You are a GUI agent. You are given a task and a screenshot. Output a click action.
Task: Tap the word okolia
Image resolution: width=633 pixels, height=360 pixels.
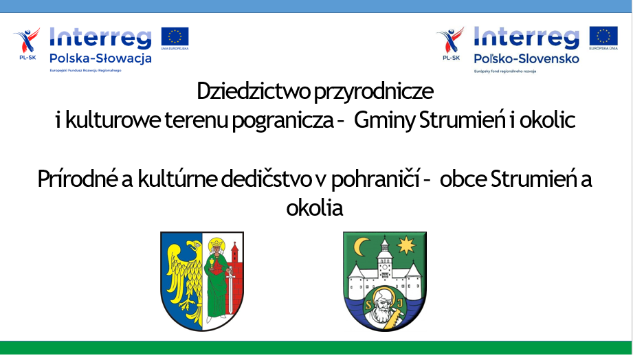314,207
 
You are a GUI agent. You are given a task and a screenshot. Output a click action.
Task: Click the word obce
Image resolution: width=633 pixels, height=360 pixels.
465,180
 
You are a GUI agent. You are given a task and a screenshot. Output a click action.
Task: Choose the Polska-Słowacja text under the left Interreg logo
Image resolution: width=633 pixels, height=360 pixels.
100,58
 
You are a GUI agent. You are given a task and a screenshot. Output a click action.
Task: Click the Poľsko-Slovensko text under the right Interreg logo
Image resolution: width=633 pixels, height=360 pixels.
526,58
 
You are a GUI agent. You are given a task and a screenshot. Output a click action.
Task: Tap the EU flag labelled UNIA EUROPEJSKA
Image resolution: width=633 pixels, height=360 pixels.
175,36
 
